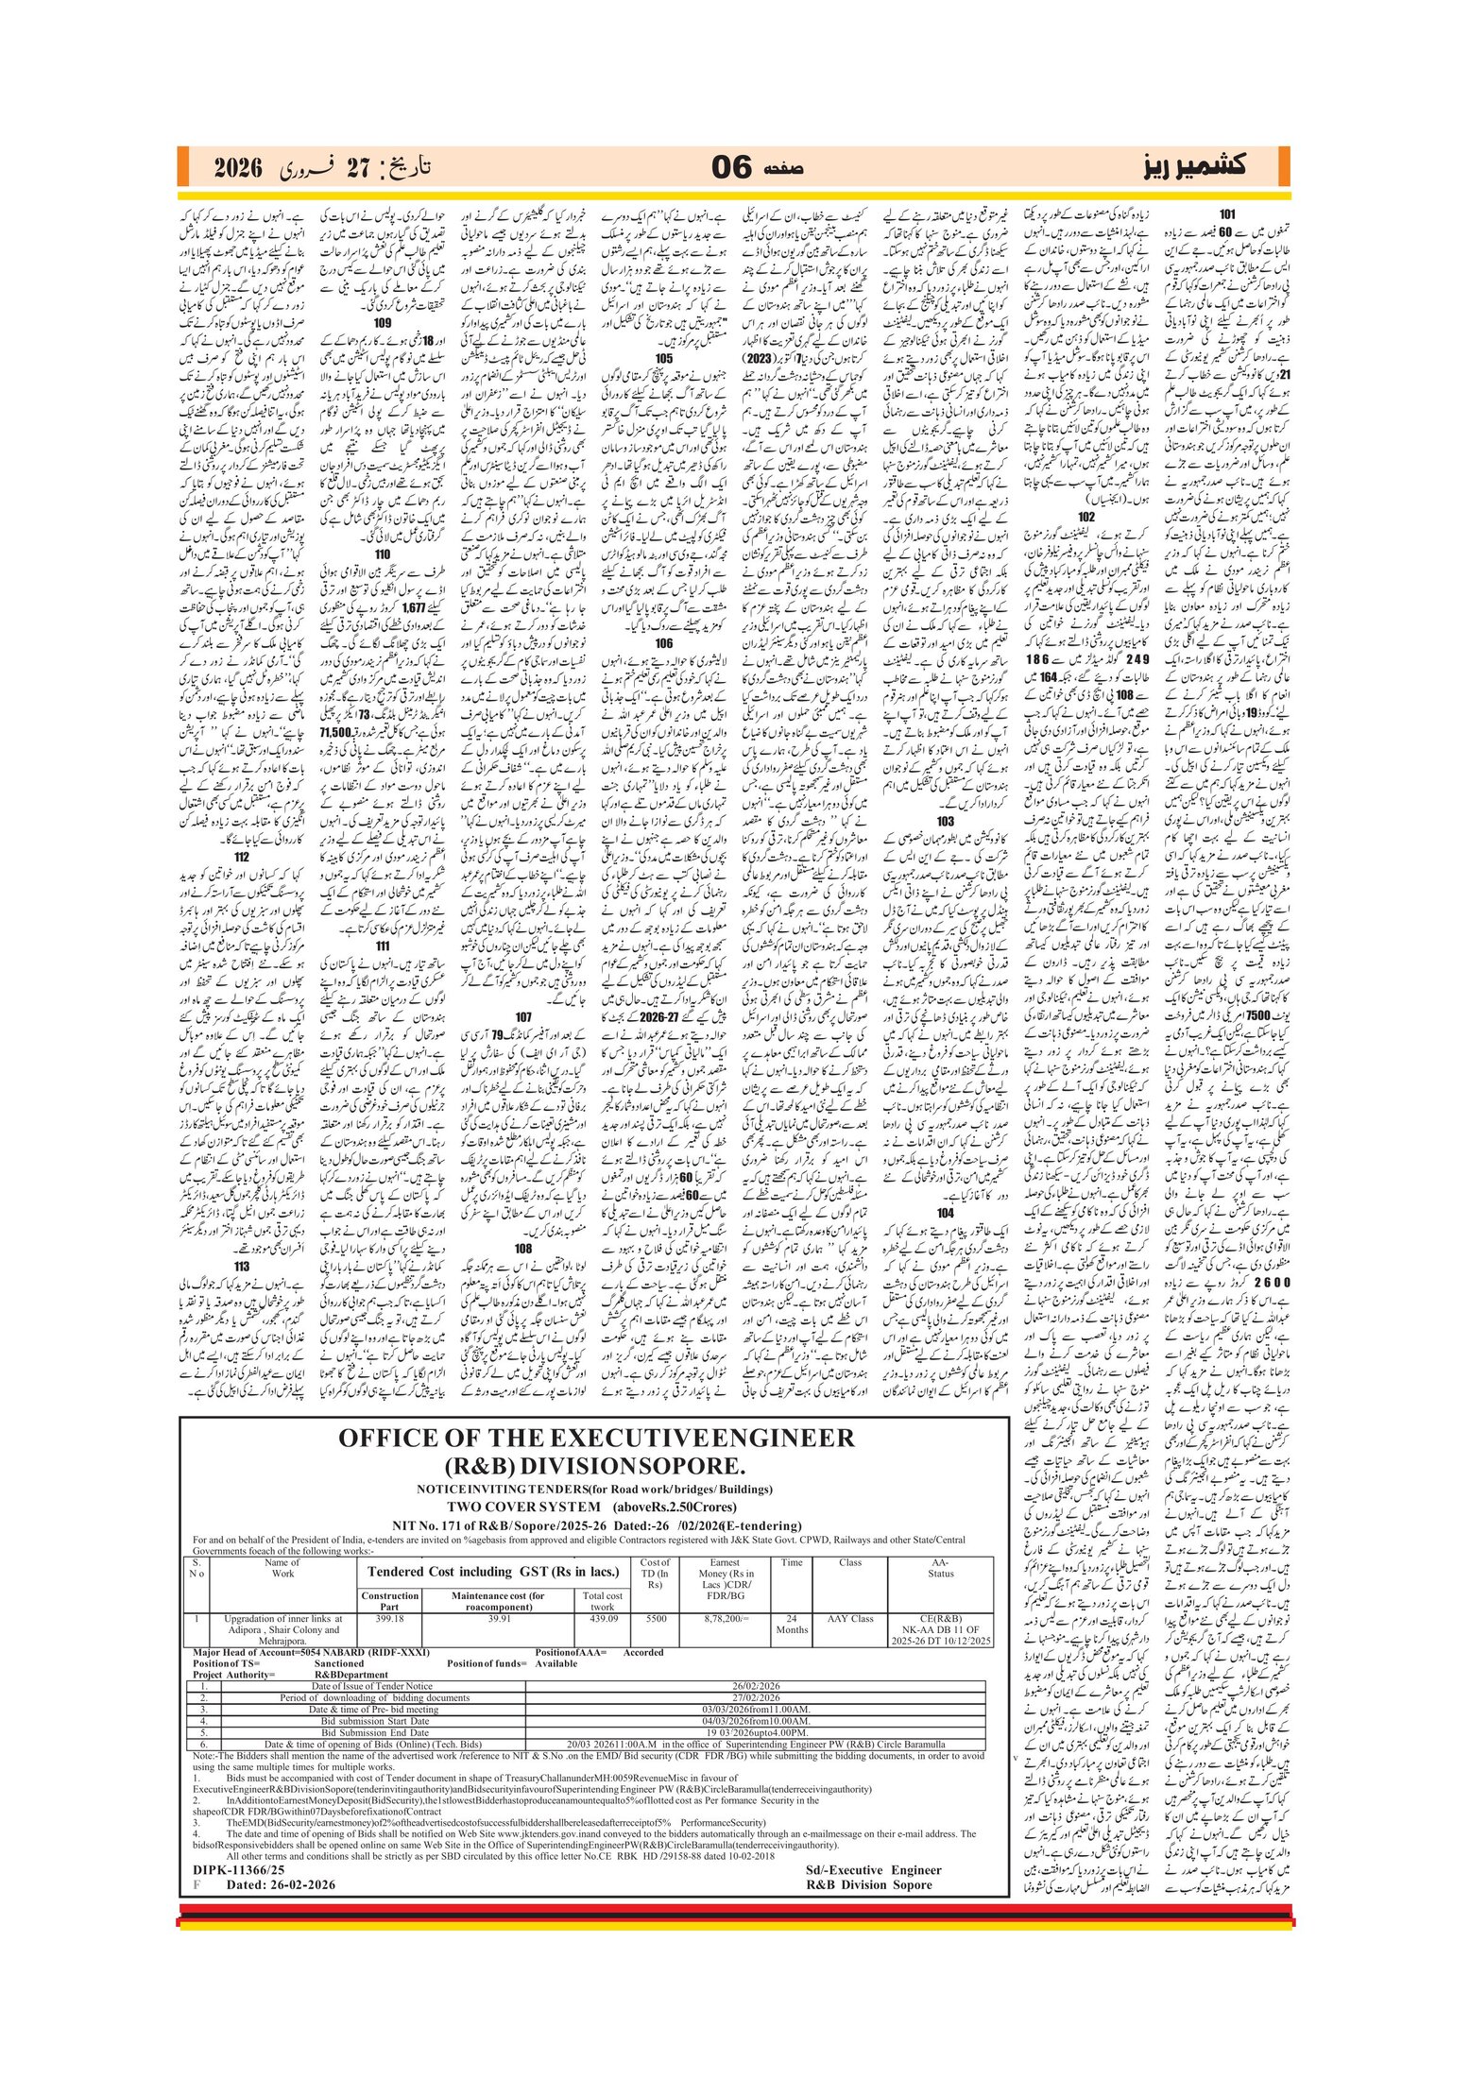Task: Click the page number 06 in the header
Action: click(731, 168)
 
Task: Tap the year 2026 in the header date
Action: click(237, 169)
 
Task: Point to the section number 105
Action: click(663, 358)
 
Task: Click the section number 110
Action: click(382, 554)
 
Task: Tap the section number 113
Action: click(242, 1267)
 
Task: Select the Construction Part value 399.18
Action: click(389, 1618)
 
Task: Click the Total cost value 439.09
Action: click(603, 1618)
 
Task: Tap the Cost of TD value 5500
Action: click(656, 1618)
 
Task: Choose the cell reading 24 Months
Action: click(792, 1624)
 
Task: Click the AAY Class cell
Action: click(850, 1618)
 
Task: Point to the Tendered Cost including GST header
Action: click(492, 1572)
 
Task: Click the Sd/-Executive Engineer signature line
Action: click(873, 1869)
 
